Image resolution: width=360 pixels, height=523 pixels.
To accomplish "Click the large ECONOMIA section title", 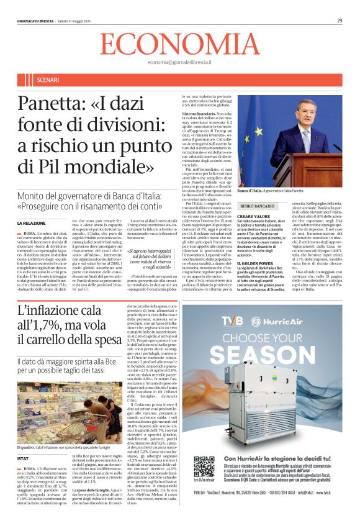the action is tap(179, 44).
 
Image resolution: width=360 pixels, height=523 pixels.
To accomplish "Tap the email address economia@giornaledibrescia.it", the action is tap(179, 63).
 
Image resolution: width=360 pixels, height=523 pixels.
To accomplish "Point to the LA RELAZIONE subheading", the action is tap(32, 223).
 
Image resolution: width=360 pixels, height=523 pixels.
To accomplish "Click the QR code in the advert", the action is tap(204, 466).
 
